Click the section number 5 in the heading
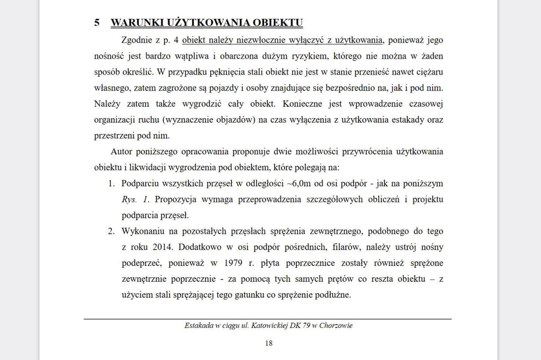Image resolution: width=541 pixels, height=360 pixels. [x=97, y=22]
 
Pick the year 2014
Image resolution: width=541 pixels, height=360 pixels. [x=163, y=247]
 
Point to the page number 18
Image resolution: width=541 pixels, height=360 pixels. [x=269, y=343]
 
